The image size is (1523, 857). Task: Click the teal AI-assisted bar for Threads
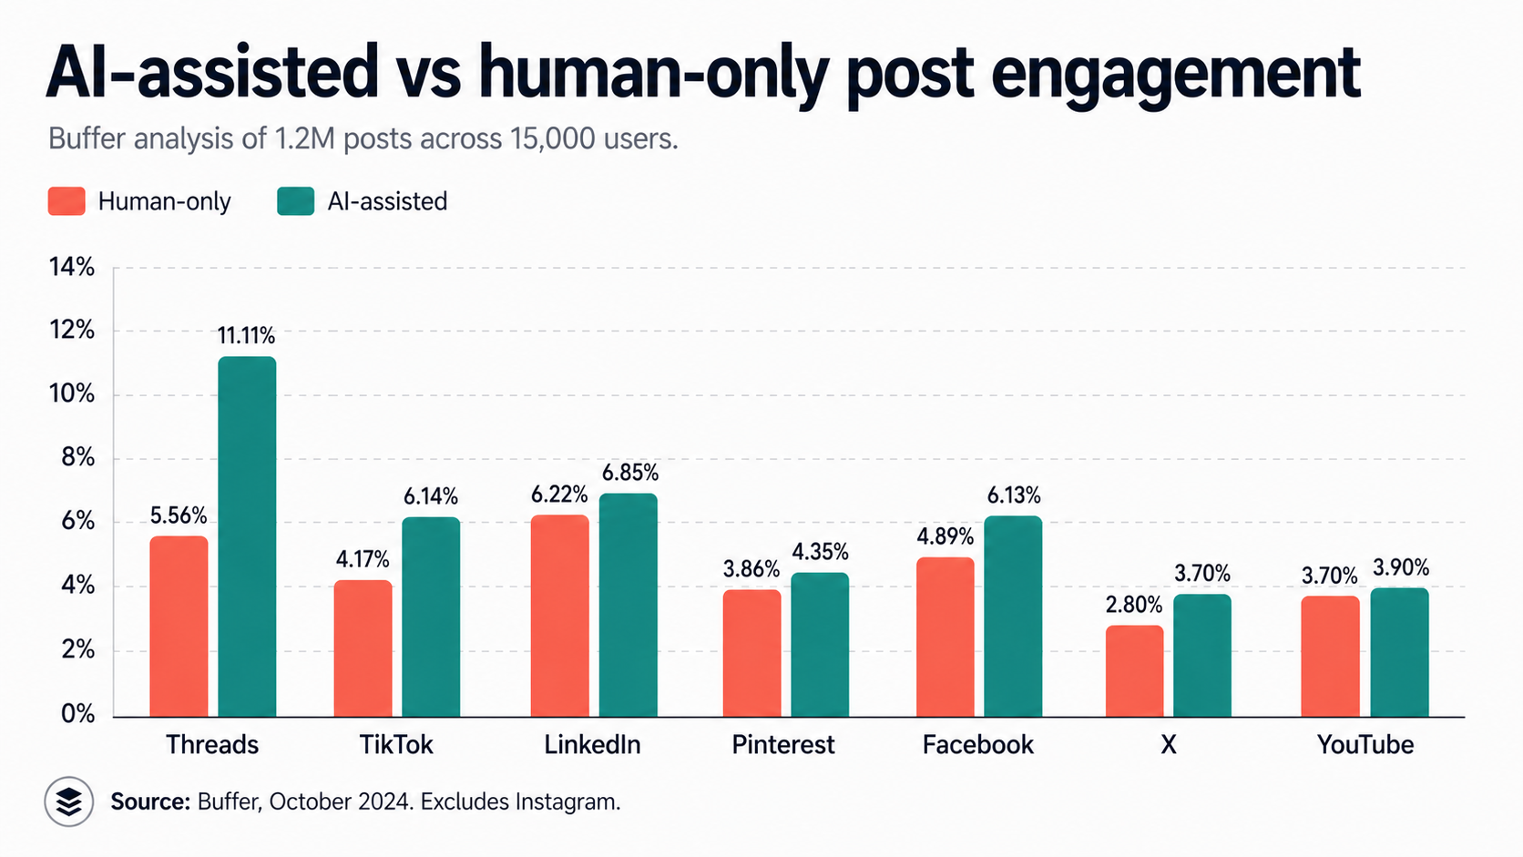click(247, 536)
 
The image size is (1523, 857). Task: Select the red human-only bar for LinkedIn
click(559, 616)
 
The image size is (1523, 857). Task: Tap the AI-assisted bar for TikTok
click(431, 617)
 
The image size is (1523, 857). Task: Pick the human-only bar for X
click(1134, 670)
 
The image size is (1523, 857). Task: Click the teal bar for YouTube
click(1399, 652)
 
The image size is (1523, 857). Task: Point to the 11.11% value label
click(246, 336)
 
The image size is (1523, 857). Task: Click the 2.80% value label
click(1134, 605)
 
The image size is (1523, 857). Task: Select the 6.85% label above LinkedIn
click(629, 473)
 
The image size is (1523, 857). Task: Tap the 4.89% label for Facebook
click(945, 536)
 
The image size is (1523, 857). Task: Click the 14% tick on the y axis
click(72, 267)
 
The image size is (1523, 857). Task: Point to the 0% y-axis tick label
click(77, 714)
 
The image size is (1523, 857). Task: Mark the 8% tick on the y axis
click(77, 458)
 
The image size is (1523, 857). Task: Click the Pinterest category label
click(782, 745)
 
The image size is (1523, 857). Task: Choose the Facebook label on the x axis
click(977, 745)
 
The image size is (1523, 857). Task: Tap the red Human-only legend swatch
click(66, 201)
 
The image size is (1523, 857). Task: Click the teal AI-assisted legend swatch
click(296, 201)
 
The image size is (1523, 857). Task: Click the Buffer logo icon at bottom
click(69, 801)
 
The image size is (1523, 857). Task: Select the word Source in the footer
click(149, 801)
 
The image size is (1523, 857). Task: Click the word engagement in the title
click(1175, 73)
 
